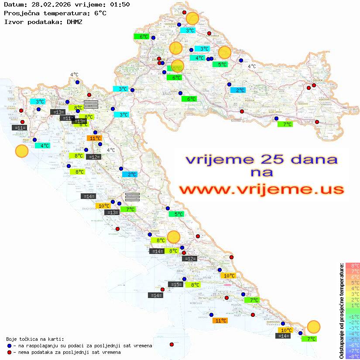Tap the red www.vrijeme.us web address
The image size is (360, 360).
(x=261, y=189)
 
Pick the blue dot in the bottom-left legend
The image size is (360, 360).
(x=9, y=346)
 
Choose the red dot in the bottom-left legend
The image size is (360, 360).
(x=9, y=352)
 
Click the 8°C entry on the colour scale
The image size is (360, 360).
(x=352, y=265)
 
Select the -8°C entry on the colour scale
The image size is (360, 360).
(x=352, y=357)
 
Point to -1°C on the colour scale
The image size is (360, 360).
(x=352, y=316)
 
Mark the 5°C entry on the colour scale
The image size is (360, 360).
(x=352, y=282)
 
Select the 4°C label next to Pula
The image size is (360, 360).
(x=45, y=146)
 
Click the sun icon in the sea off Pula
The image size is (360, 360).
(x=21, y=151)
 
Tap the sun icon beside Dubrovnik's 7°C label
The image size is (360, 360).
(x=313, y=326)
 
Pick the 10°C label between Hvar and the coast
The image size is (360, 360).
(x=230, y=276)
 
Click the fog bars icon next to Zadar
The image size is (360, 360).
(x=132, y=197)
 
